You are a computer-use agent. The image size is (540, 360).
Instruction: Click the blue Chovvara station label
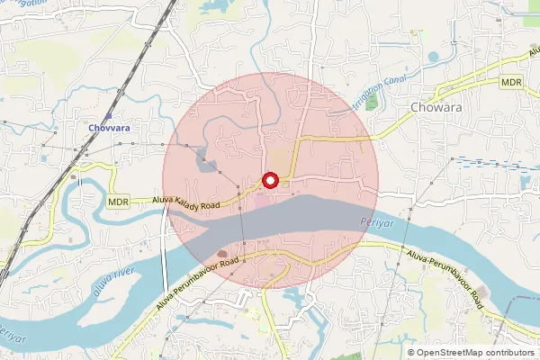[109, 128]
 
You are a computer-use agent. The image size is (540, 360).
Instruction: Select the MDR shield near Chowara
[512, 82]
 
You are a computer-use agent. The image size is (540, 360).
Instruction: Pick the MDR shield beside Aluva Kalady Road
[118, 202]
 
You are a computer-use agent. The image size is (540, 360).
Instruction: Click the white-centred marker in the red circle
[271, 181]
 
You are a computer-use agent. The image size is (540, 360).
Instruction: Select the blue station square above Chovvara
[109, 115]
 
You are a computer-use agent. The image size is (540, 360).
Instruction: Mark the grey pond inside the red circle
[207, 165]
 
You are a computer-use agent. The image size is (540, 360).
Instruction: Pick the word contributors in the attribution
[507, 352]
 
